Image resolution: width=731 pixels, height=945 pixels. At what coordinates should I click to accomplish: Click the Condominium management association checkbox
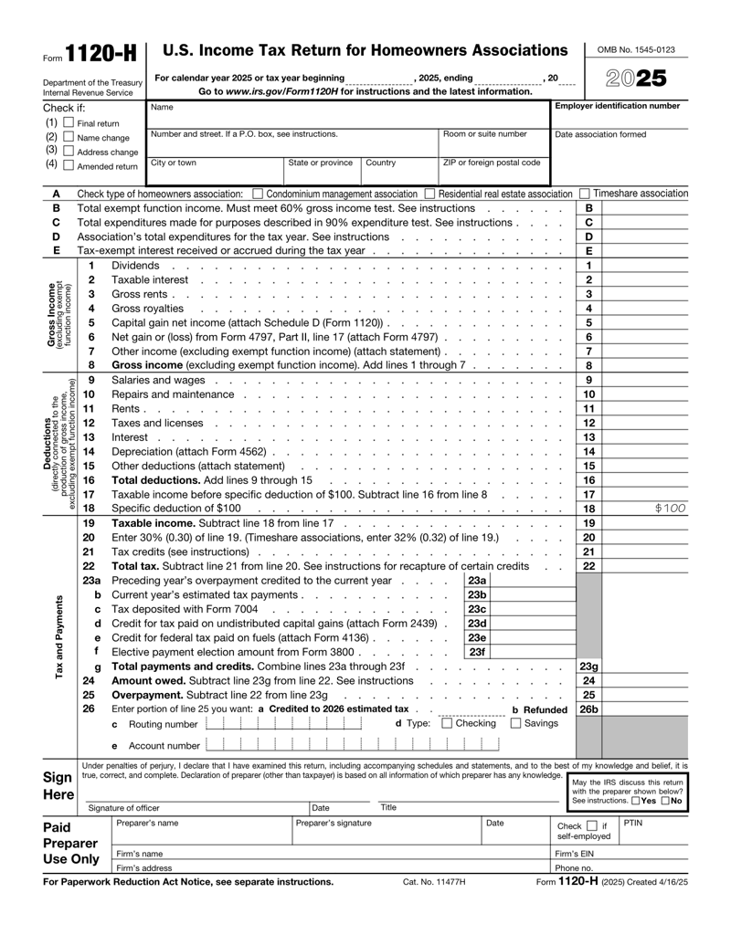pyautogui.click(x=258, y=194)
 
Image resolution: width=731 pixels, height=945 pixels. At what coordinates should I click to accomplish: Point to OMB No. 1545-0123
pyautogui.click(x=636, y=49)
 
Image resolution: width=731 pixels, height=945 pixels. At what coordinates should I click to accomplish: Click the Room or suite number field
pyautogui.click(x=494, y=147)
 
